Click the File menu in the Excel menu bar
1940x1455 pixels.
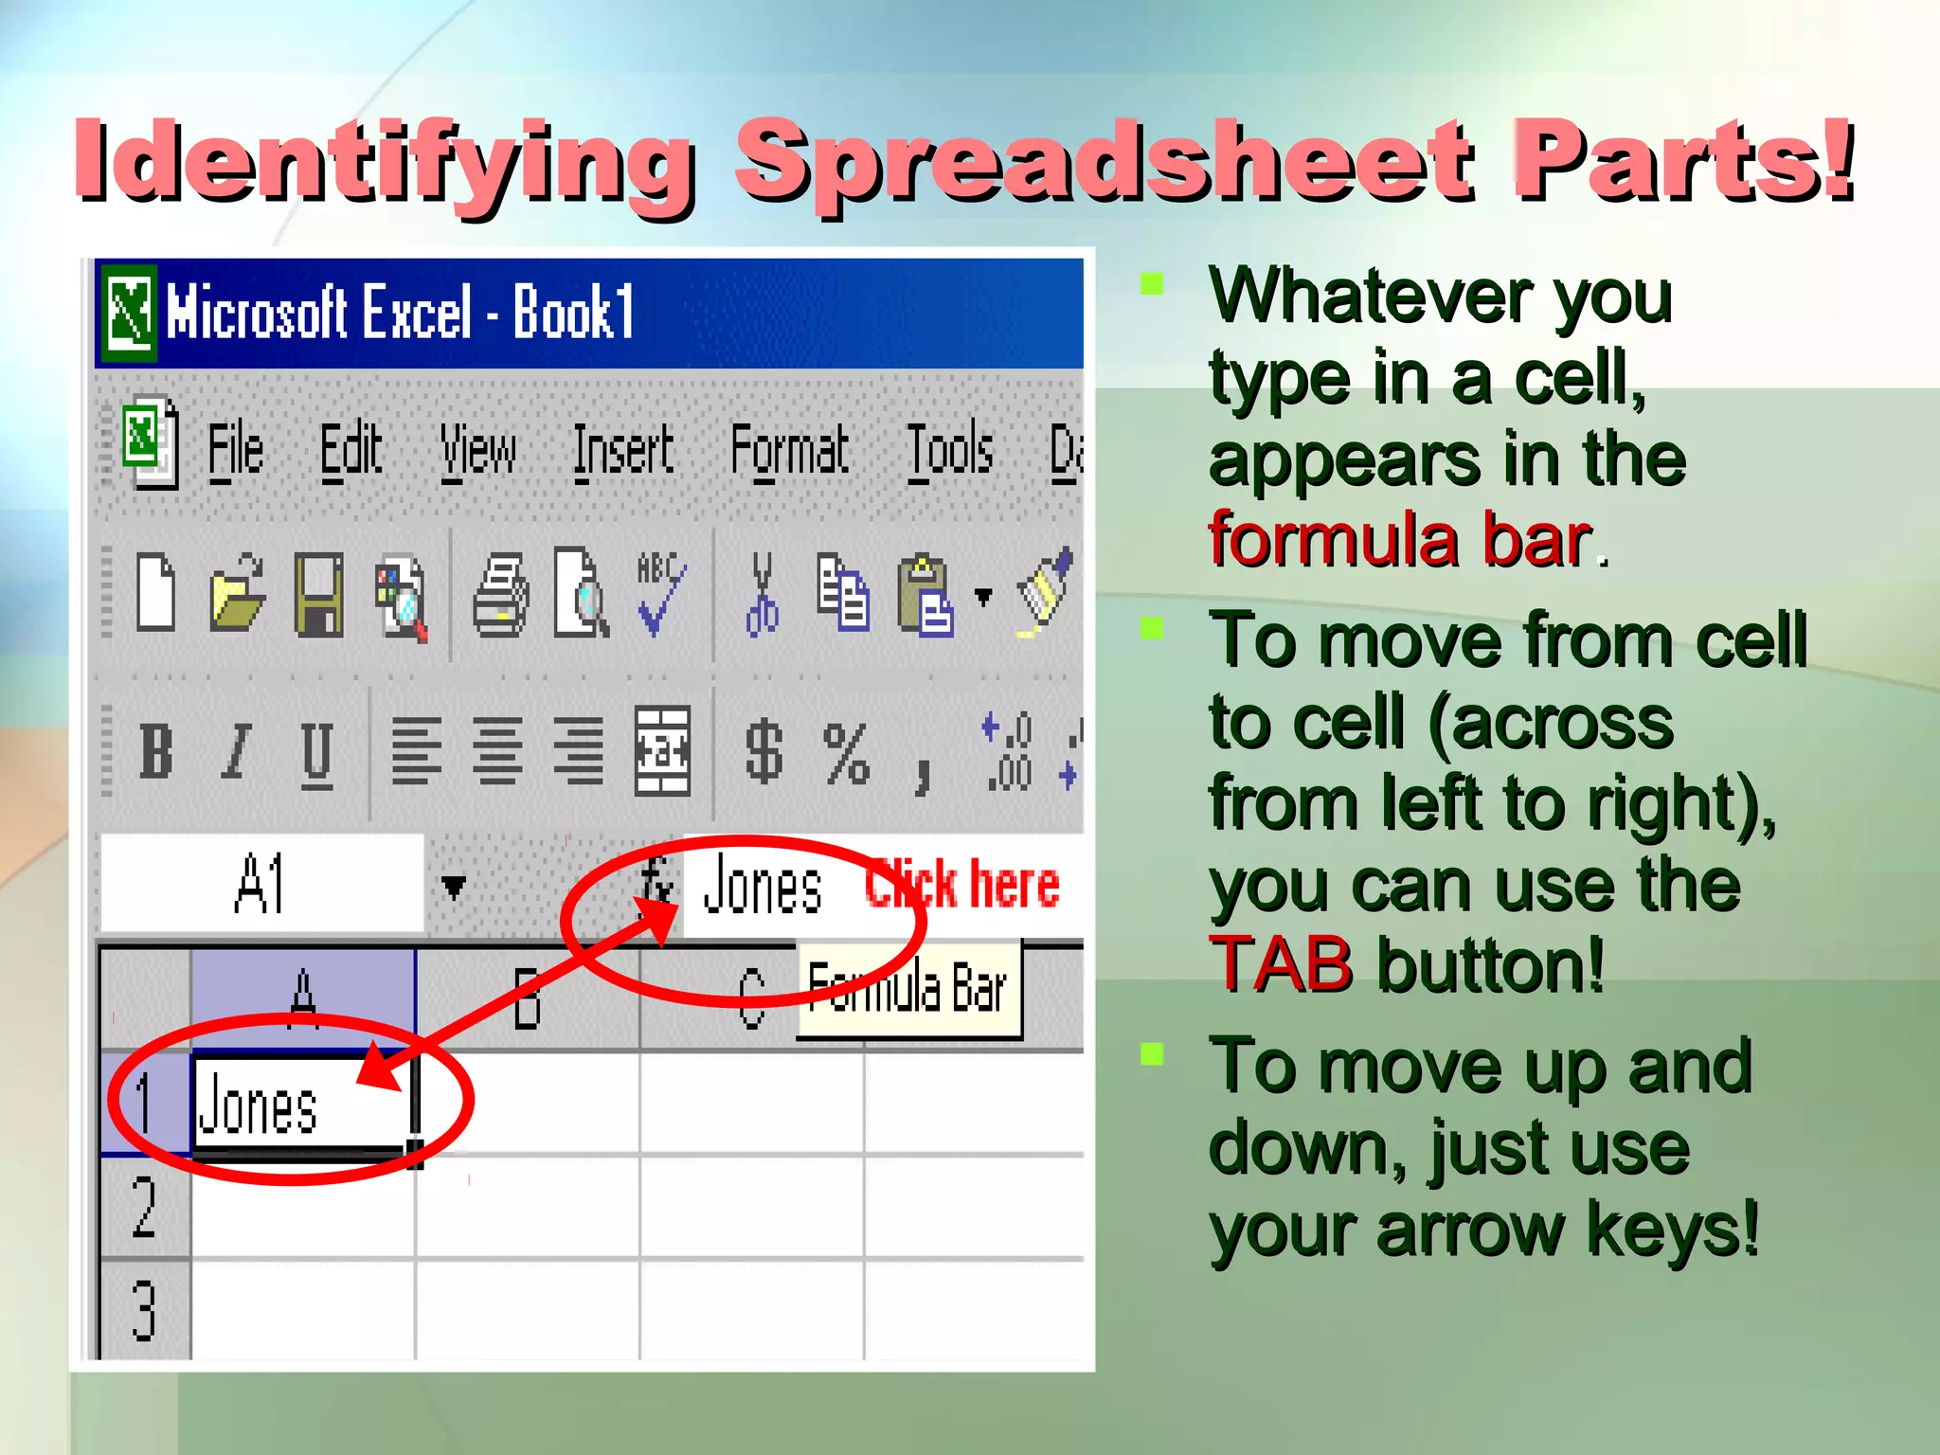(x=235, y=451)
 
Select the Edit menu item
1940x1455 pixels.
(x=350, y=451)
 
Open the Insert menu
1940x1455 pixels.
(x=623, y=451)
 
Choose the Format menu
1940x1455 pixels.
(x=789, y=451)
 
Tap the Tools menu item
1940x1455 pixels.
(x=950, y=451)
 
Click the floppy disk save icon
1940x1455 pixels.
(x=318, y=595)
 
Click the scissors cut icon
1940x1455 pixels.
(x=762, y=595)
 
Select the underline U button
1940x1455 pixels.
(x=316, y=754)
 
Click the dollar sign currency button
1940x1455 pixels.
(x=763, y=752)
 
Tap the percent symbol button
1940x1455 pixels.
(x=846, y=754)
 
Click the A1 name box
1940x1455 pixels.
(x=261, y=883)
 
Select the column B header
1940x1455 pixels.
(x=527, y=998)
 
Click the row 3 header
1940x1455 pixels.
(x=144, y=1310)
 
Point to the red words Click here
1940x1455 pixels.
(x=962, y=885)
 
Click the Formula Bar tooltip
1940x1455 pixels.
(x=907, y=989)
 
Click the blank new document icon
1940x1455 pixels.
(x=156, y=595)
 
